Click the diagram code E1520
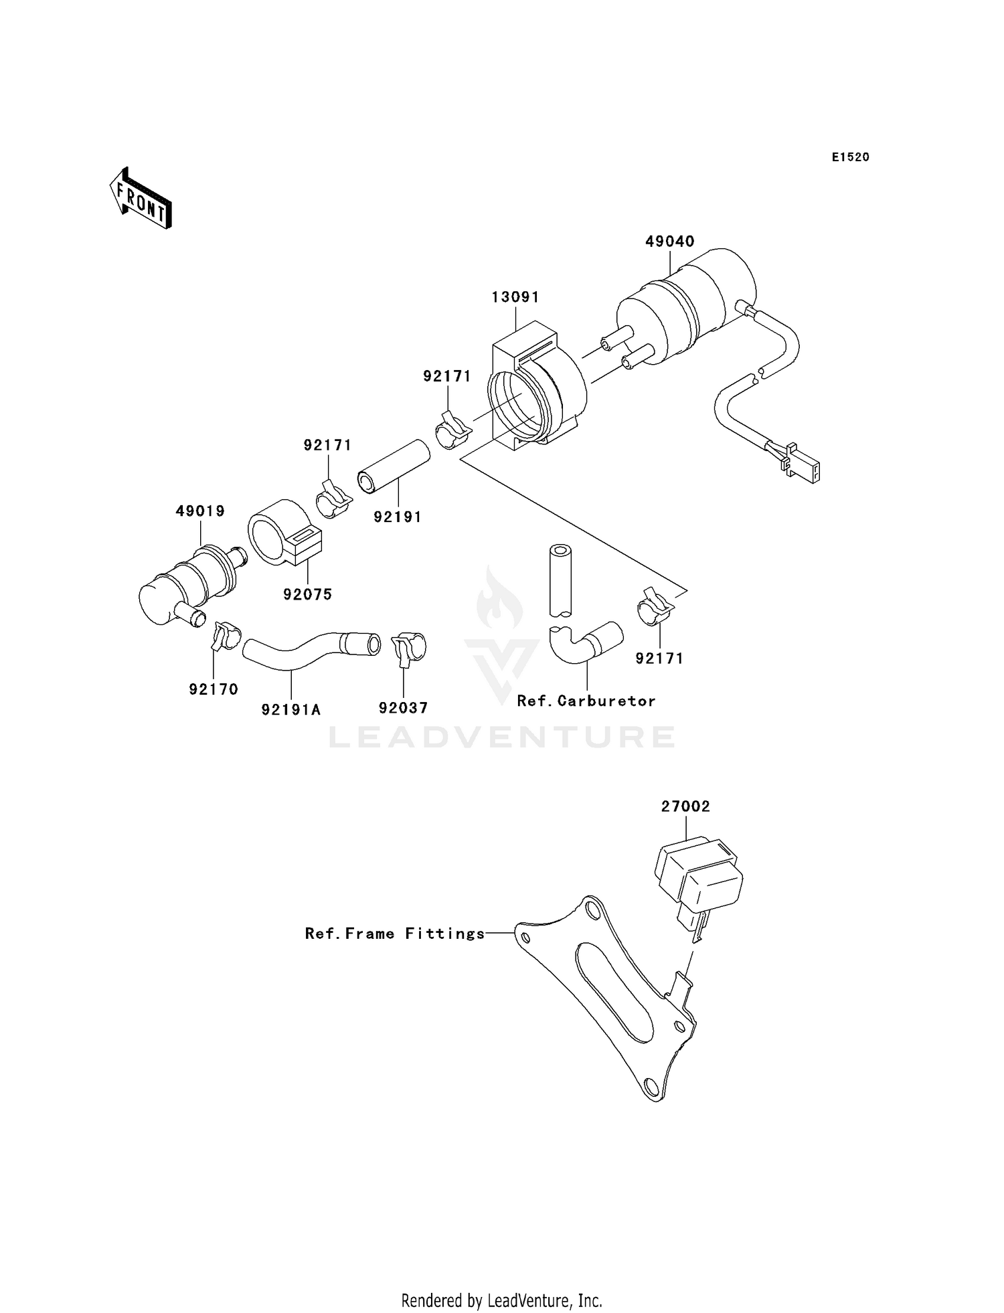pyautogui.click(x=850, y=157)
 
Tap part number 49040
pyautogui.click(x=669, y=242)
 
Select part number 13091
pyautogui.click(x=515, y=297)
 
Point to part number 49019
pyautogui.click(x=200, y=511)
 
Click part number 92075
pyautogui.click(x=307, y=594)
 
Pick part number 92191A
pyautogui.click(x=291, y=709)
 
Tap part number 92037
pyautogui.click(x=403, y=708)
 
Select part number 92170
pyautogui.click(x=214, y=689)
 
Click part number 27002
pyautogui.click(x=685, y=807)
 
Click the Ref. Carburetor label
pyautogui.click(x=586, y=701)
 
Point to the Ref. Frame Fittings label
pyautogui.click(x=394, y=934)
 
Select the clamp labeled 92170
pyautogui.click(x=225, y=635)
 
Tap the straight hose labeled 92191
pyautogui.click(x=395, y=466)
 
